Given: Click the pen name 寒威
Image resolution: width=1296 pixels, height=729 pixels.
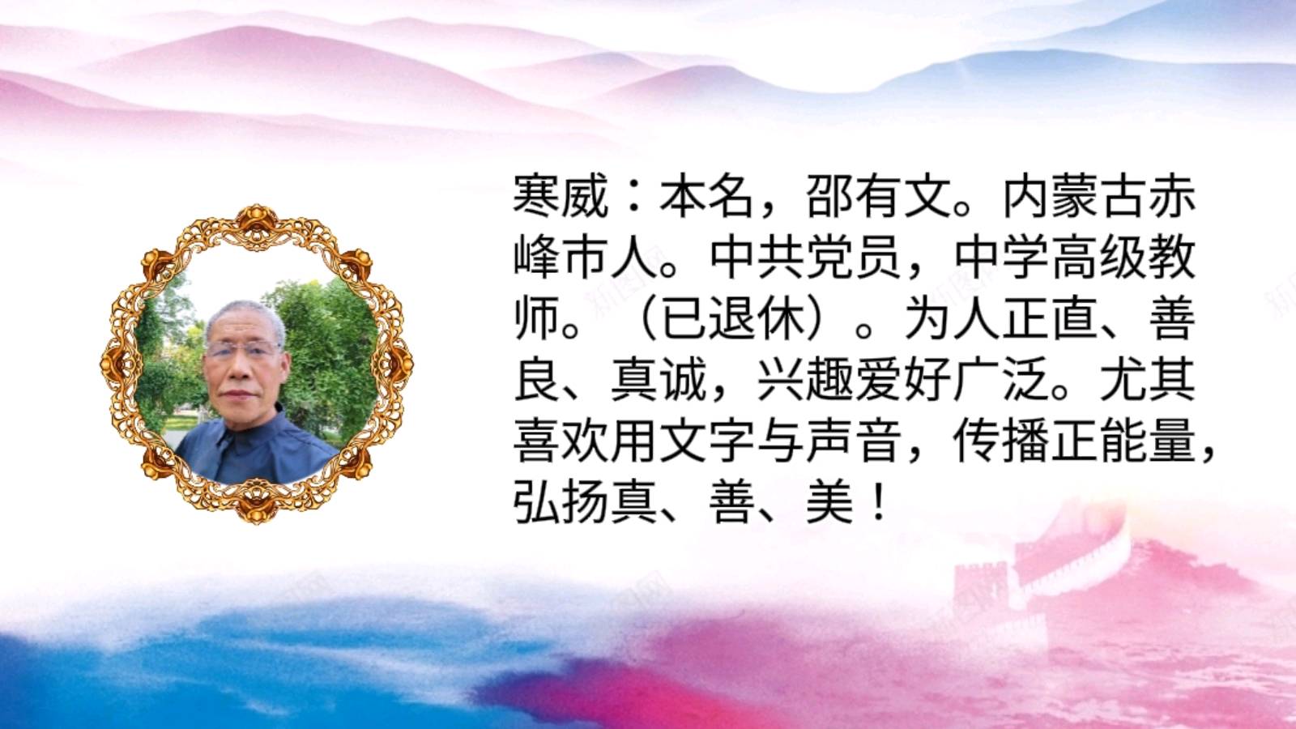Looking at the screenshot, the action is [561, 196].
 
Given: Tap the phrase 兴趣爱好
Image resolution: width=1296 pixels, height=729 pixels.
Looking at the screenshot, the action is [855, 382].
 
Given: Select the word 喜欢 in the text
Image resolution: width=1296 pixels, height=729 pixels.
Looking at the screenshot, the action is [561, 444].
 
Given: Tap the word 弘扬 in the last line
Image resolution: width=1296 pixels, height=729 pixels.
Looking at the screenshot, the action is [561, 505].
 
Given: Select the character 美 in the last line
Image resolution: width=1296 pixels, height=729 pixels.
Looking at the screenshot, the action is [831, 505].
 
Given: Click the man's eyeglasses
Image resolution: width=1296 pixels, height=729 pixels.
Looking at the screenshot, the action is [243, 349].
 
